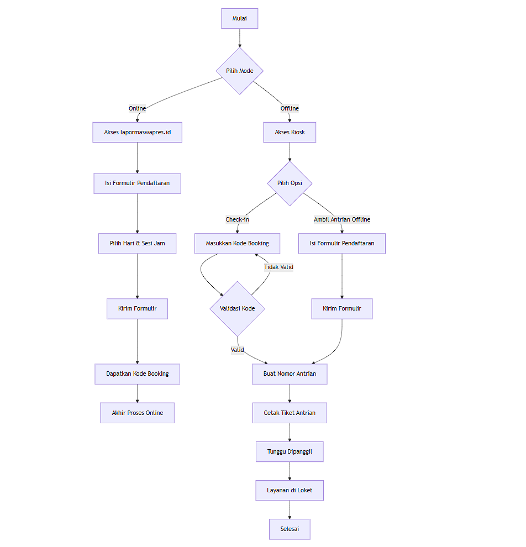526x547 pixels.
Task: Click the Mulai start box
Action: coord(239,18)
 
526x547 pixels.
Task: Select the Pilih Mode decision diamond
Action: coord(239,71)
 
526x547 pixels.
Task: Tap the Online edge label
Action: coord(137,108)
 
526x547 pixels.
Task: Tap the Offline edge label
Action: coord(290,108)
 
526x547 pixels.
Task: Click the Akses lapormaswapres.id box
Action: coord(137,133)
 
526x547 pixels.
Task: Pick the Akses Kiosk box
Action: coord(290,133)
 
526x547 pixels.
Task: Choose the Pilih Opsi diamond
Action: coord(290,183)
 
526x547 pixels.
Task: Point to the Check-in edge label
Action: coord(237,219)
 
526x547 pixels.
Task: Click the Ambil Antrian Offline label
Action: coord(342,219)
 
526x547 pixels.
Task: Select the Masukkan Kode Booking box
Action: coord(237,244)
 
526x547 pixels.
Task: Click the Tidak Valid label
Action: coord(278,267)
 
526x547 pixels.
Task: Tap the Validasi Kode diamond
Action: coord(238,308)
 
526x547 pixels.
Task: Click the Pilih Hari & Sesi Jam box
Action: coord(137,244)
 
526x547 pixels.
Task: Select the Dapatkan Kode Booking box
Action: coord(137,374)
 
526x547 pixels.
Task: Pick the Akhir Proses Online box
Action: coord(137,413)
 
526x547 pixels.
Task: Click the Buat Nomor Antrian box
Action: coord(290,374)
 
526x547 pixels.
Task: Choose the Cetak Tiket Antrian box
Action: coord(290,413)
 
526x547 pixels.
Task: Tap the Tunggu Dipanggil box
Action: coord(290,451)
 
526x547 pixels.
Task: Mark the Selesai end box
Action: coord(290,529)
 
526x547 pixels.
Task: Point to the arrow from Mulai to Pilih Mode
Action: coord(239,38)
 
